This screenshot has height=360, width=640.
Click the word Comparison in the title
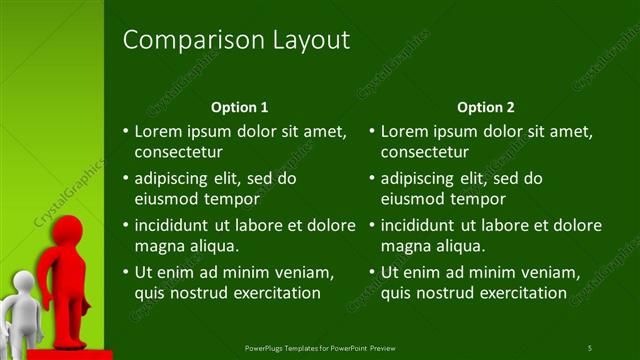184,40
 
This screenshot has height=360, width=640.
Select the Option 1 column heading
240,107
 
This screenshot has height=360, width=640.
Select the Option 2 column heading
485,107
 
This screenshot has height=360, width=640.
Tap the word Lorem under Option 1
158,131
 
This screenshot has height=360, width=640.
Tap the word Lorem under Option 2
404,131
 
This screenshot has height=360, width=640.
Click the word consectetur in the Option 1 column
178,153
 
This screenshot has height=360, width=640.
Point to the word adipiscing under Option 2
420,178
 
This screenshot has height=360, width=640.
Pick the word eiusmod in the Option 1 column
166,200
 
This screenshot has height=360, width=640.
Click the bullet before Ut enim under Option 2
372,272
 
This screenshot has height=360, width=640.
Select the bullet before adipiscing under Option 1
125,179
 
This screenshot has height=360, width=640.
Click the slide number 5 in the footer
589,348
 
